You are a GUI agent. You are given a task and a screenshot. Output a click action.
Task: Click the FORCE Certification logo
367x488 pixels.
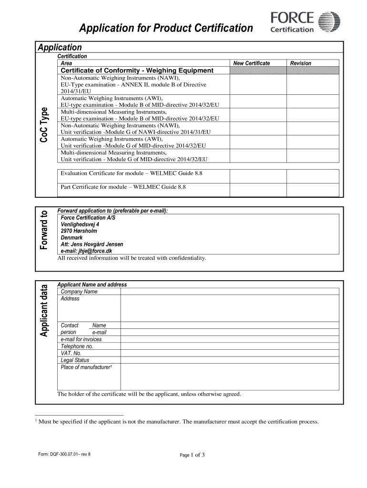(x=305, y=23)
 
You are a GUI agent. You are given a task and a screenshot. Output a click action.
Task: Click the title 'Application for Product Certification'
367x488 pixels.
(x=166, y=29)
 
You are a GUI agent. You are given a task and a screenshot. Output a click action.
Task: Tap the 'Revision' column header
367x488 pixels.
(x=301, y=63)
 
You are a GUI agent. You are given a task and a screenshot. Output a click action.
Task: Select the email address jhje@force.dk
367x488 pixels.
(x=86, y=251)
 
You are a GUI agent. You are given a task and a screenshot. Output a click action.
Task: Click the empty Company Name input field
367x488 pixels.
(x=229, y=292)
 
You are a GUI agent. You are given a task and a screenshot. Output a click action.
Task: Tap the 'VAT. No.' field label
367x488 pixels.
(x=71, y=353)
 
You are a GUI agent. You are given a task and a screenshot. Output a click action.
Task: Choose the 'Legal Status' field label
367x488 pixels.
(x=75, y=360)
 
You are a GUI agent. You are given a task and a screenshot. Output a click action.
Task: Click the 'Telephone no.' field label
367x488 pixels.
(x=76, y=346)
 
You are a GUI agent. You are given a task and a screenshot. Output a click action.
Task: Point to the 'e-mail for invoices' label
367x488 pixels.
(x=81, y=339)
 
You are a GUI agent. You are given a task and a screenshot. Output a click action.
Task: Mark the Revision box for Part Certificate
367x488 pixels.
(x=313, y=189)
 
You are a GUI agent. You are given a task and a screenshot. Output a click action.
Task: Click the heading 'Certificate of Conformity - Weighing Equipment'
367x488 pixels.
(x=137, y=71)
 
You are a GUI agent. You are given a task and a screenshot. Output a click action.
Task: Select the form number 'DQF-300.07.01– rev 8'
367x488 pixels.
(x=64, y=454)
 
